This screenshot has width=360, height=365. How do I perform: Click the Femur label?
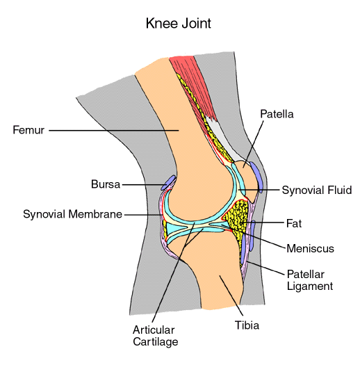coord(28,130)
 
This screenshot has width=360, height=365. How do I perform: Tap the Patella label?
coord(276,113)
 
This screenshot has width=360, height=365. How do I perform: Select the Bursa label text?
coord(106,185)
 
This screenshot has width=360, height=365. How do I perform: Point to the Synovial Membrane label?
coord(72,214)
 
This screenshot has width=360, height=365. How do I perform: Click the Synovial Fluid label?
coord(316,190)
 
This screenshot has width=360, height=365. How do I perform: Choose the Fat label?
coord(294,224)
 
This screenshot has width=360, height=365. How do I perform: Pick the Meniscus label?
coord(311,248)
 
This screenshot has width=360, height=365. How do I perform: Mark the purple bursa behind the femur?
coord(167,182)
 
